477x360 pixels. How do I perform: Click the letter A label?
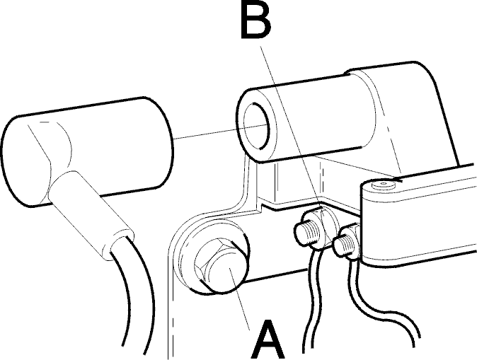click(x=268, y=339)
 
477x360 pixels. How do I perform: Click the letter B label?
click(x=255, y=20)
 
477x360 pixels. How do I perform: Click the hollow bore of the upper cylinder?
click(x=257, y=126)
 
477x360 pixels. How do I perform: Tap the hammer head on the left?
click(x=87, y=152)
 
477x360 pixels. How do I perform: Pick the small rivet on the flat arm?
click(x=383, y=184)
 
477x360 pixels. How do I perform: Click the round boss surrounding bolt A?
click(x=210, y=257)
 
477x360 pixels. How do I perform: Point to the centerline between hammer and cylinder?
click(x=221, y=132)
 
